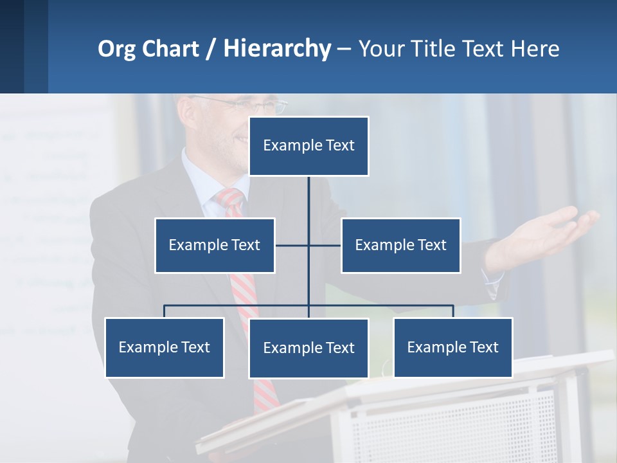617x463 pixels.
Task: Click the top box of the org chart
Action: [308, 146]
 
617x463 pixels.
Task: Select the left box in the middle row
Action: [215, 245]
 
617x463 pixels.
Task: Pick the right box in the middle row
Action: [400, 245]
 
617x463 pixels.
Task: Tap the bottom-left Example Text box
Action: [164, 347]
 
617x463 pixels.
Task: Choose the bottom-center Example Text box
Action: [308, 348]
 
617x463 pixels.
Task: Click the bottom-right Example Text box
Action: [452, 347]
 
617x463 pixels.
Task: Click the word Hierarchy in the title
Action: [276, 49]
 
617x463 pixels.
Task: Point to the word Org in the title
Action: [116, 49]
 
